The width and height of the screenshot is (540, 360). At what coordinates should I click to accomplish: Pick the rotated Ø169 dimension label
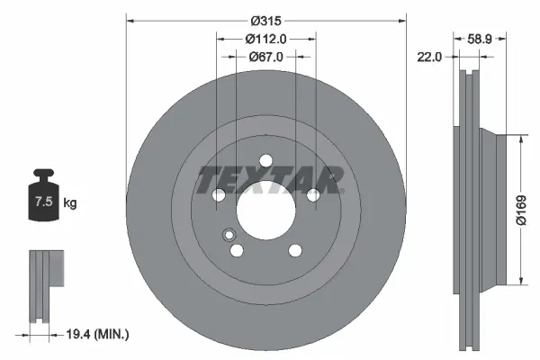(520, 208)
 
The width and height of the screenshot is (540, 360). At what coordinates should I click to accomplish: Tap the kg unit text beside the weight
(69, 203)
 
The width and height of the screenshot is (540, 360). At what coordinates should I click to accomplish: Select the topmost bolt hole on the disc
(265, 160)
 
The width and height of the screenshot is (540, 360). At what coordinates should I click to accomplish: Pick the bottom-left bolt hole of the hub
(237, 250)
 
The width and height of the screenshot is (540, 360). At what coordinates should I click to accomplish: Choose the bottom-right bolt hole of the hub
(294, 250)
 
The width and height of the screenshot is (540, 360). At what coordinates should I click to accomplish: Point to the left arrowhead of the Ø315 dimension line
(129, 21)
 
